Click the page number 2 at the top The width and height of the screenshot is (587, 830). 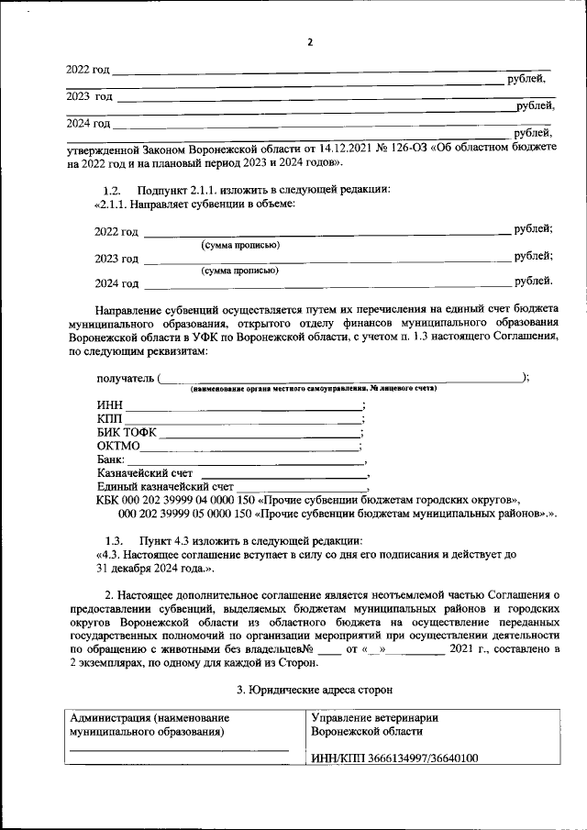[310, 42]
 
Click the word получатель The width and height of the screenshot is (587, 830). [125, 378]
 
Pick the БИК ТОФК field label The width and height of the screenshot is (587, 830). [127, 432]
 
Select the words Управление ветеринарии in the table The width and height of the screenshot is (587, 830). [375, 718]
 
